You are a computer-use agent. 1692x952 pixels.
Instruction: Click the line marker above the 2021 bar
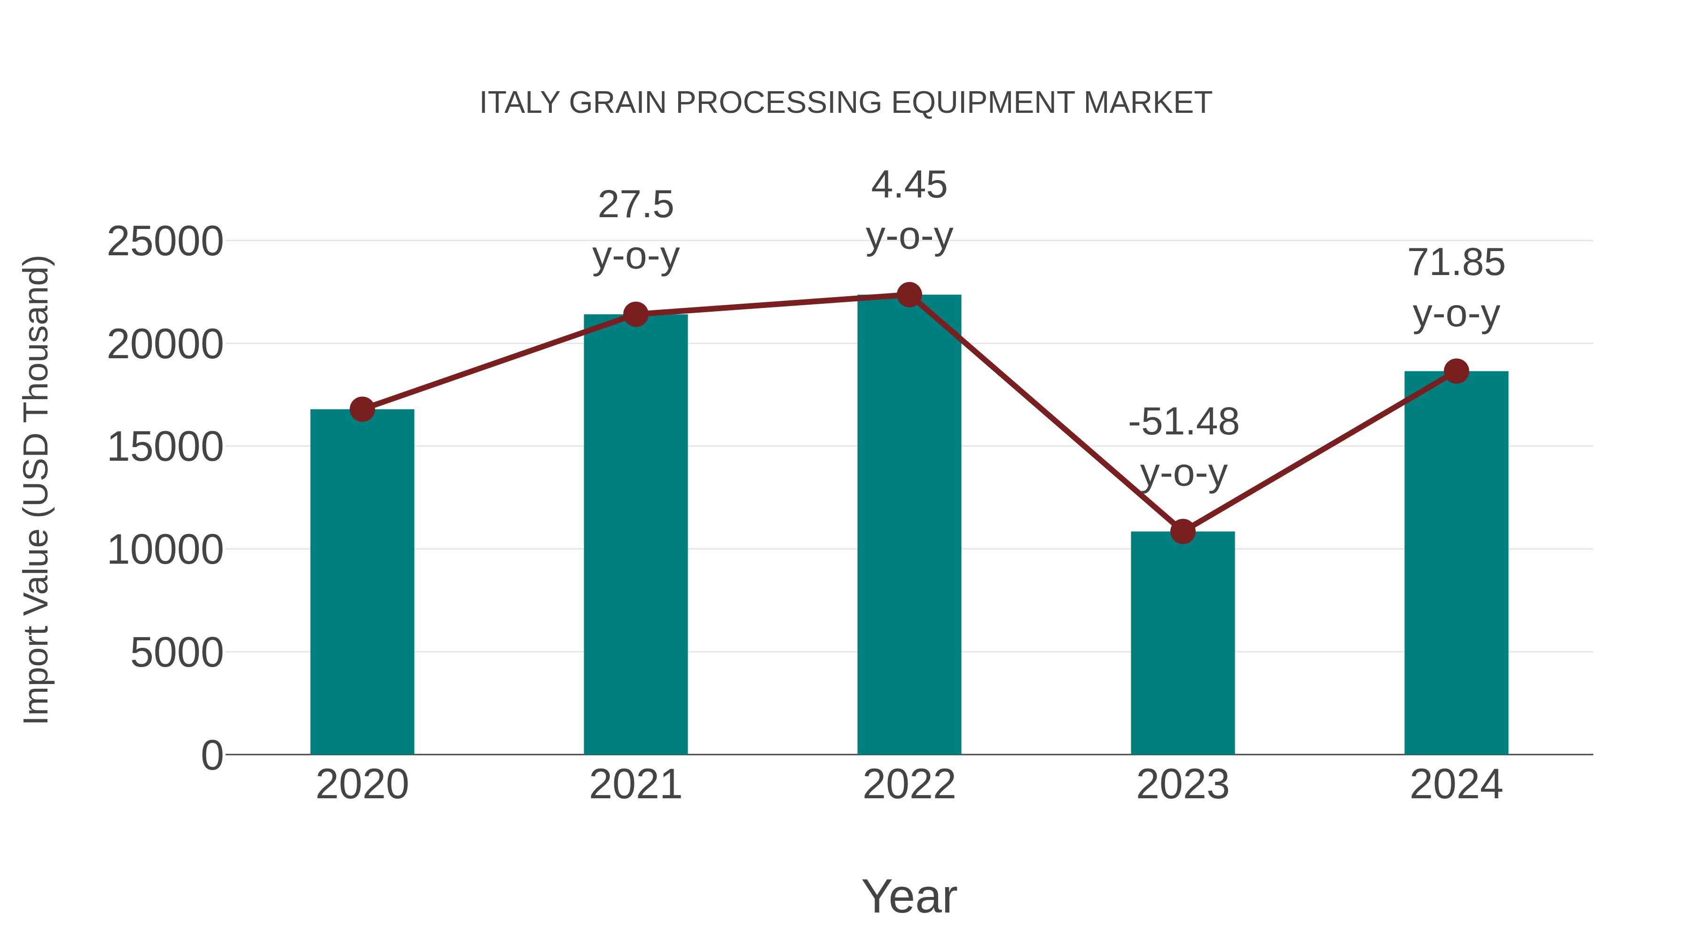[x=635, y=314]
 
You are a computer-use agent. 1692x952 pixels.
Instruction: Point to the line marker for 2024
[x=1456, y=371]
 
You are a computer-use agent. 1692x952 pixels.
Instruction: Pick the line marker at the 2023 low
[x=1183, y=531]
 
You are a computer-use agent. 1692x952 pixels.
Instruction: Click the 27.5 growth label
[x=635, y=205]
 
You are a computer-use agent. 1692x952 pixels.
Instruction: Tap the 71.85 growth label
[x=1456, y=263]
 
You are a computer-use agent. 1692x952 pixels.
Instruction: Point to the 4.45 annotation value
[x=909, y=185]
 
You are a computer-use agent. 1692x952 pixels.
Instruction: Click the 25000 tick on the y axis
[x=165, y=241]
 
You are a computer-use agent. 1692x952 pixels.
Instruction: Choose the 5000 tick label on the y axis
[x=176, y=653]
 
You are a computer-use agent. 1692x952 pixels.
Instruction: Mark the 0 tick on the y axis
[x=211, y=755]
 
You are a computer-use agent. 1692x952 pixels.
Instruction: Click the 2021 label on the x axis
[x=635, y=785]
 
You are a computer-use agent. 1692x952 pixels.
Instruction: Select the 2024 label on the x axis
[x=1456, y=785]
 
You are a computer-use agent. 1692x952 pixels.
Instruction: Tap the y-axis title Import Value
[x=36, y=489]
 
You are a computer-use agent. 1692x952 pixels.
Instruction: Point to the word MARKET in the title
[x=1147, y=102]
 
